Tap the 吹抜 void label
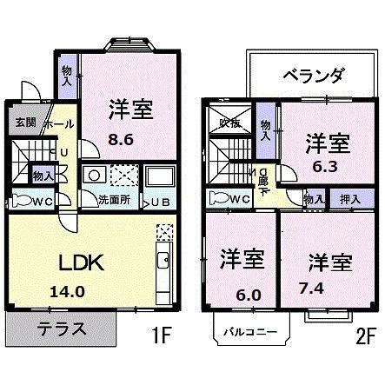click(x=229, y=123)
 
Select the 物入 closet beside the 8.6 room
click(x=67, y=73)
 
